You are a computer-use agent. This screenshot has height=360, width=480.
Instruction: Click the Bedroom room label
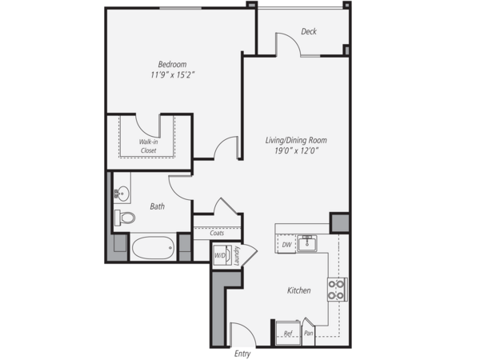(x=172, y=64)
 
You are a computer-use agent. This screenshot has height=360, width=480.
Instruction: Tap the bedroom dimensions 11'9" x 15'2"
(x=173, y=75)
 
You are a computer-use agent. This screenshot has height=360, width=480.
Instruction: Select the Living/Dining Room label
(x=296, y=141)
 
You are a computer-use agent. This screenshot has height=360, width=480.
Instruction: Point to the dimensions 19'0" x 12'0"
(x=297, y=150)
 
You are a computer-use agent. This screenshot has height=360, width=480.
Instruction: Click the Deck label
(x=309, y=31)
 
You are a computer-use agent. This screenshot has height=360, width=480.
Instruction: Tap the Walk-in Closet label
(x=149, y=146)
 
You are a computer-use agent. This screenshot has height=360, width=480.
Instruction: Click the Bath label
(x=158, y=206)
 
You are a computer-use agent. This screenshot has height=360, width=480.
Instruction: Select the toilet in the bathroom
(x=125, y=218)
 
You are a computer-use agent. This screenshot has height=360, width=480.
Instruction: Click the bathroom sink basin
(x=123, y=194)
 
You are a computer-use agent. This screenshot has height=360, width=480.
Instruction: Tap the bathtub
(x=153, y=247)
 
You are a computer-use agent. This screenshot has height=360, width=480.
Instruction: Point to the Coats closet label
(x=217, y=233)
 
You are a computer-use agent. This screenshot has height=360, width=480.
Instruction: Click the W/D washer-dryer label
(x=219, y=256)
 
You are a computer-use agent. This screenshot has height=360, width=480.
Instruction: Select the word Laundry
(x=236, y=255)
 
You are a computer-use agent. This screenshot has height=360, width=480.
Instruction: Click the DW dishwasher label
(x=286, y=245)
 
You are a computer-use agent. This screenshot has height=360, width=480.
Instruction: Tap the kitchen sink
(x=307, y=243)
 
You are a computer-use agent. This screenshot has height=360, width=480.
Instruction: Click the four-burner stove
(x=337, y=290)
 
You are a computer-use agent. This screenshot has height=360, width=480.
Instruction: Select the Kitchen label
(x=299, y=290)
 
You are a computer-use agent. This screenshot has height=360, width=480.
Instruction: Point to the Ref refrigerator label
(x=288, y=334)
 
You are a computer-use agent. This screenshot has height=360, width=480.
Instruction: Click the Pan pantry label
(x=308, y=333)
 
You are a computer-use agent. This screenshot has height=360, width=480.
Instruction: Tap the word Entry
(x=242, y=354)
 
